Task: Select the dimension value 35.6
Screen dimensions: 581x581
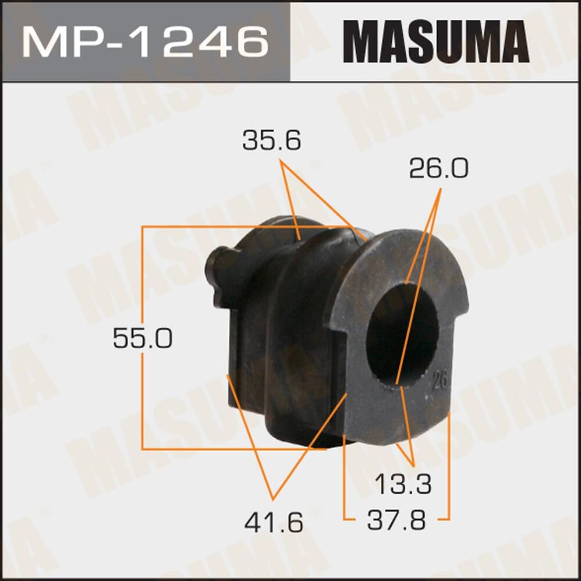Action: (272, 141)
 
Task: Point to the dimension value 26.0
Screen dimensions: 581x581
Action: (438, 169)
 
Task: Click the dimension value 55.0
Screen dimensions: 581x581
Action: (143, 338)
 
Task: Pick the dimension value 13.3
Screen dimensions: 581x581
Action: (403, 484)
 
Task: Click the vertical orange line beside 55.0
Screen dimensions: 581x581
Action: (143, 396)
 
